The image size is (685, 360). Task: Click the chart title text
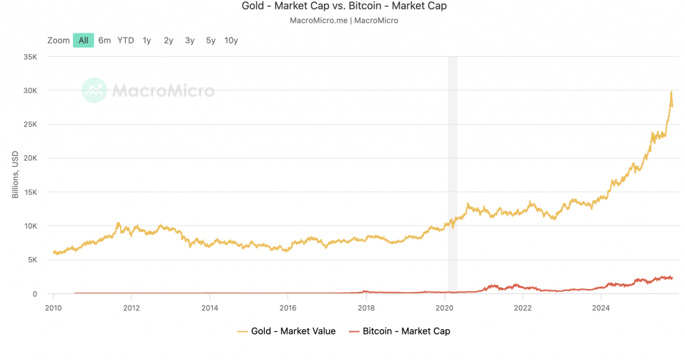coord(343,6)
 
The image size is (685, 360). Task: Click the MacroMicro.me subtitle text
coord(343,20)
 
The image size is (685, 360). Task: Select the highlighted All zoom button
coord(83,40)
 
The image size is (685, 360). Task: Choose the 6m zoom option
coord(104,40)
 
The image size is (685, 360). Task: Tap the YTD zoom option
coord(126,40)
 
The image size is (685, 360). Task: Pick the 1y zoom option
coord(146,40)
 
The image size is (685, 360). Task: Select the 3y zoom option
coord(189,40)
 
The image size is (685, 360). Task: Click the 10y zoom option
coord(231,40)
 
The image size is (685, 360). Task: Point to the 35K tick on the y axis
coord(29,57)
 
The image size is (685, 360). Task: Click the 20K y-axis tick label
coord(29,159)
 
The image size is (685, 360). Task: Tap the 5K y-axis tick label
coord(31,260)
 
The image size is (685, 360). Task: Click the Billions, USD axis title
coord(15,176)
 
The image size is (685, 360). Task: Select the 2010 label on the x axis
coord(54,307)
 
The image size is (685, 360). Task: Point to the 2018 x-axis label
coord(366,307)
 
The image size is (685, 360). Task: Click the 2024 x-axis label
coord(601,307)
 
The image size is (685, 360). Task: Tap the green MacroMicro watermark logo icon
coord(94,90)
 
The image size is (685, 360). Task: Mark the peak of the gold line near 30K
coord(671,92)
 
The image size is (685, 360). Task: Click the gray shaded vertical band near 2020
coord(452,174)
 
